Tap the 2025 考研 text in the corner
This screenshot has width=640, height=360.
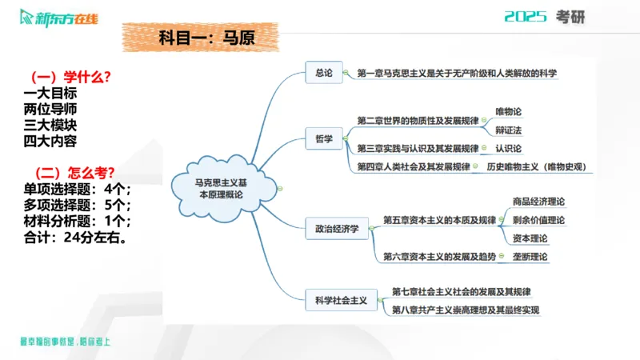(x=545, y=17)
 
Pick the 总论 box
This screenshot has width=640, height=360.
(x=323, y=73)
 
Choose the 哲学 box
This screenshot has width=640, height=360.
(x=323, y=138)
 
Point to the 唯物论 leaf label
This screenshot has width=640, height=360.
(x=509, y=112)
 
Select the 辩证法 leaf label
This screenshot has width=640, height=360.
(x=509, y=130)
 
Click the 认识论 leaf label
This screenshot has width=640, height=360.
(x=509, y=148)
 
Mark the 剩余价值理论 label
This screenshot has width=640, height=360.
(x=538, y=220)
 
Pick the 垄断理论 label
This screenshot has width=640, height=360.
(x=530, y=257)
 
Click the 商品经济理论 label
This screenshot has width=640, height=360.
(x=538, y=202)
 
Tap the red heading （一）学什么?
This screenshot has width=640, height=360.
(x=70, y=77)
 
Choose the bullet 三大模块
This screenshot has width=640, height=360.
(x=50, y=125)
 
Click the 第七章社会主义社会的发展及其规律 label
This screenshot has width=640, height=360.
(x=462, y=291)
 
